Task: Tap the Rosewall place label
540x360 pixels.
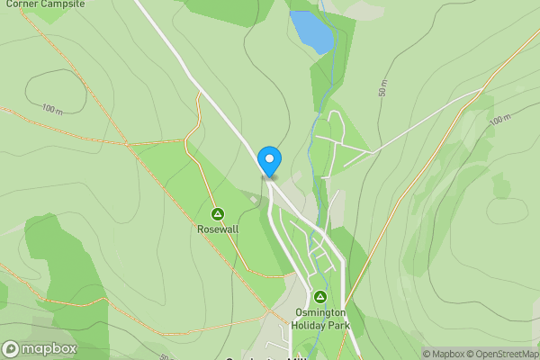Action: pos(217,229)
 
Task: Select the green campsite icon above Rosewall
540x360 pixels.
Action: pos(217,214)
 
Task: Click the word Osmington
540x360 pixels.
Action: pos(319,313)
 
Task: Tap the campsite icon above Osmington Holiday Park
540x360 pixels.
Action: pos(319,297)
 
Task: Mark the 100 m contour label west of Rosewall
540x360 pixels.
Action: pos(52,108)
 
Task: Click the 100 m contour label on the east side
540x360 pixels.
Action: pos(500,118)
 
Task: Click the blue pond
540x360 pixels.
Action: pos(311,31)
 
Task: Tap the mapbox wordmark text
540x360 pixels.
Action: pos(49,348)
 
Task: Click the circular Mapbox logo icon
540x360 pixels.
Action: pos(11,348)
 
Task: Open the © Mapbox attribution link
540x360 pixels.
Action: pos(445,354)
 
